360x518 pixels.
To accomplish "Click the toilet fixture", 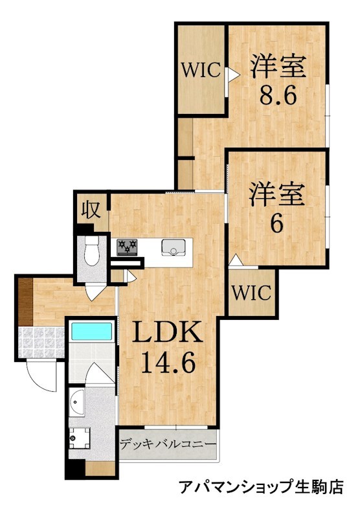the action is pyautogui.click(x=91, y=251).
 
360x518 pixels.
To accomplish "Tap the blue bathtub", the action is pyautogui.click(x=92, y=332).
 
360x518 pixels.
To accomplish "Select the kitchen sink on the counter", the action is pyautogui.click(x=173, y=248).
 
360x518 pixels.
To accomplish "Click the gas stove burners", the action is pyautogui.click(x=127, y=247).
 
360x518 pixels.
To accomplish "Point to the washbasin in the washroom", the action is pyautogui.click(x=76, y=402).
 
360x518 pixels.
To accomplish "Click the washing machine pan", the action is pyautogui.click(x=80, y=438).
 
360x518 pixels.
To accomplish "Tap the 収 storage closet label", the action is pyautogui.click(x=91, y=210).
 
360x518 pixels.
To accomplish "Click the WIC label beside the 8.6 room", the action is pyautogui.click(x=201, y=70).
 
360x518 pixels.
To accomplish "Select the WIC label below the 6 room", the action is pyautogui.click(x=251, y=293).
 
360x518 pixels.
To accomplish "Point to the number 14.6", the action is pyautogui.click(x=168, y=362).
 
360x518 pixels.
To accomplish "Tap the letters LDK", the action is pyautogui.click(x=167, y=332).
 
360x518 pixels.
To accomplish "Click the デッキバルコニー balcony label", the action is pyautogui.click(x=168, y=444).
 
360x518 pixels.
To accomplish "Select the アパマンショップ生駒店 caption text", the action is pyautogui.click(x=262, y=487).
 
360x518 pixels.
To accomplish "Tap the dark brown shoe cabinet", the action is pyautogui.click(x=25, y=302).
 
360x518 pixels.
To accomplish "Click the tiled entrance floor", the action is pyautogui.click(x=41, y=343).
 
